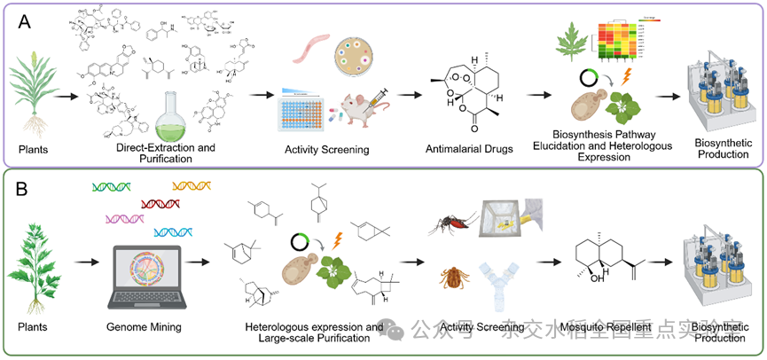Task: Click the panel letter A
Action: tap(27, 20)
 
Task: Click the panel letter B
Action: tap(27, 188)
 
